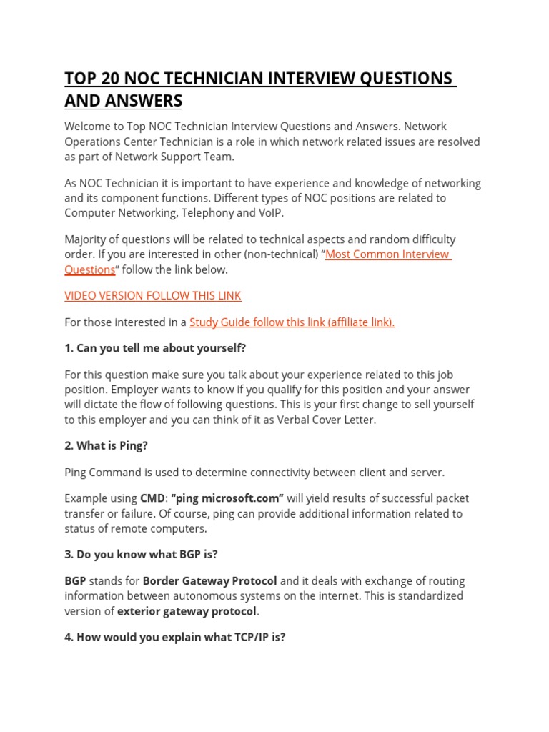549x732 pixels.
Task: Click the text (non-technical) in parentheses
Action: pos(280,254)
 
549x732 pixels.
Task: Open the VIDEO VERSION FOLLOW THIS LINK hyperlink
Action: pos(153,296)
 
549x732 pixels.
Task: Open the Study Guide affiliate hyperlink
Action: pos(292,322)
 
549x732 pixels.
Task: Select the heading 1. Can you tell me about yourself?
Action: pos(155,348)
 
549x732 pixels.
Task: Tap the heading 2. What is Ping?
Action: pos(106,446)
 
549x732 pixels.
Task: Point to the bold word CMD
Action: pos(152,498)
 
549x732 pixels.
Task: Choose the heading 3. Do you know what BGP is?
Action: pos(141,555)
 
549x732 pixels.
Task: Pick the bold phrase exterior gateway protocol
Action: pos(186,611)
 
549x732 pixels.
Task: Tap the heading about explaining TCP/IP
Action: pos(174,637)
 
